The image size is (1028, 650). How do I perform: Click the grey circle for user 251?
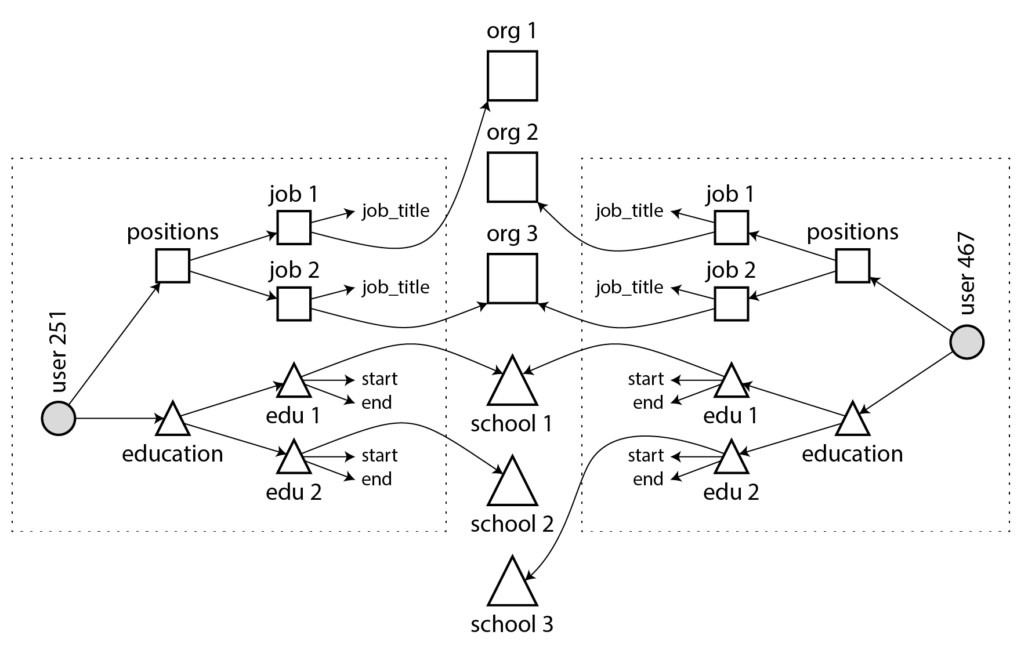(x=59, y=418)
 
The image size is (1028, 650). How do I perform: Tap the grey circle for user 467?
(x=967, y=343)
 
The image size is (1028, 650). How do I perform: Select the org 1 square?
(x=512, y=76)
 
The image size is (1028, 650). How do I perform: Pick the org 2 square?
(x=512, y=177)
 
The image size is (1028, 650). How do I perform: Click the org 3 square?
(x=512, y=278)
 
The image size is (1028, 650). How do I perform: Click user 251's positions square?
(x=173, y=266)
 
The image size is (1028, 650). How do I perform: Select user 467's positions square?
(x=852, y=266)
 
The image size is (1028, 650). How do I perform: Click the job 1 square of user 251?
(x=294, y=227)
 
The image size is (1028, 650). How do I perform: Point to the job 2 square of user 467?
(x=731, y=303)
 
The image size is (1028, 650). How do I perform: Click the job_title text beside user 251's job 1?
(x=396, y=211)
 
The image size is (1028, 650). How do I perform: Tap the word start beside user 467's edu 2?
(x=646, y=456)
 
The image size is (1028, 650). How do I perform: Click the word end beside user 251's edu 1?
(x=377, y=403)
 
